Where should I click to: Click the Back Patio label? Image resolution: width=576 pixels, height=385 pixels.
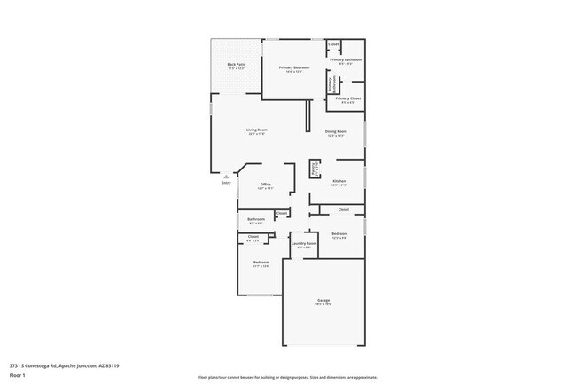236,65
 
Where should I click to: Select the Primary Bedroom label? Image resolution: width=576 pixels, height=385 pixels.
293,67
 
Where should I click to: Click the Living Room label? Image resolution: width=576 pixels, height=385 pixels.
257,130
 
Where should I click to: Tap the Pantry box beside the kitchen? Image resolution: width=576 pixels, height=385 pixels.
314,167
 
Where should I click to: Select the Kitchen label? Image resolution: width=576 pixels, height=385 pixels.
339,181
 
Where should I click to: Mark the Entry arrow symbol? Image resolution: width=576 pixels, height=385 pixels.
225,177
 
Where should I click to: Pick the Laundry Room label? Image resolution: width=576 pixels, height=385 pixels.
304,243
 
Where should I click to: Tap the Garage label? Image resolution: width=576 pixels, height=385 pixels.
323,301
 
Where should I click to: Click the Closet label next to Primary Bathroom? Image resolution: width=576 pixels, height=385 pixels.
333,43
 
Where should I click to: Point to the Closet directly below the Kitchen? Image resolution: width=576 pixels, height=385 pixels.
344,209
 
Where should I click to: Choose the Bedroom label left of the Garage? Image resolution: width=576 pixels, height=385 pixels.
261,263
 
